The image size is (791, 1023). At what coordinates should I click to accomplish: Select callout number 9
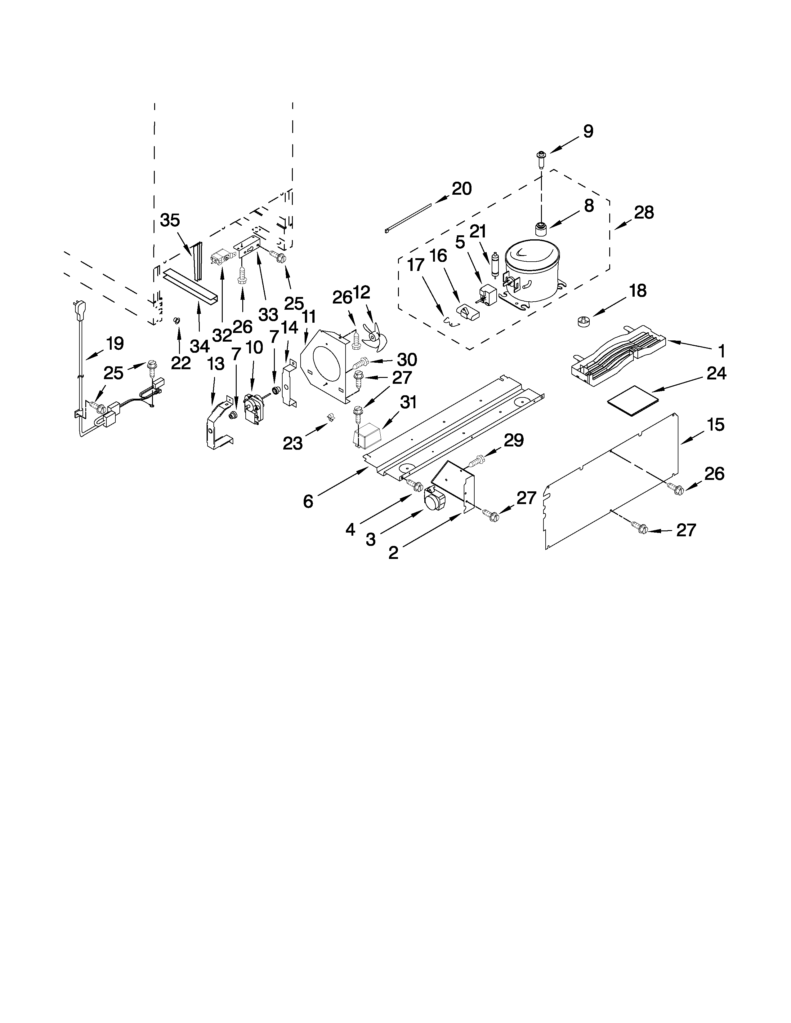[588, 132]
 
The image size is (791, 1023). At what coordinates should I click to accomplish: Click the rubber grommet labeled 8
[541, 229]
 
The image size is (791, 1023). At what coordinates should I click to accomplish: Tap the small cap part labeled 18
[583, 322]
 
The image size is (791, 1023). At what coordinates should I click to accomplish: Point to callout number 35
[170, 220]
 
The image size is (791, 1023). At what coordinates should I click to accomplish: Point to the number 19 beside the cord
[114, 343]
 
